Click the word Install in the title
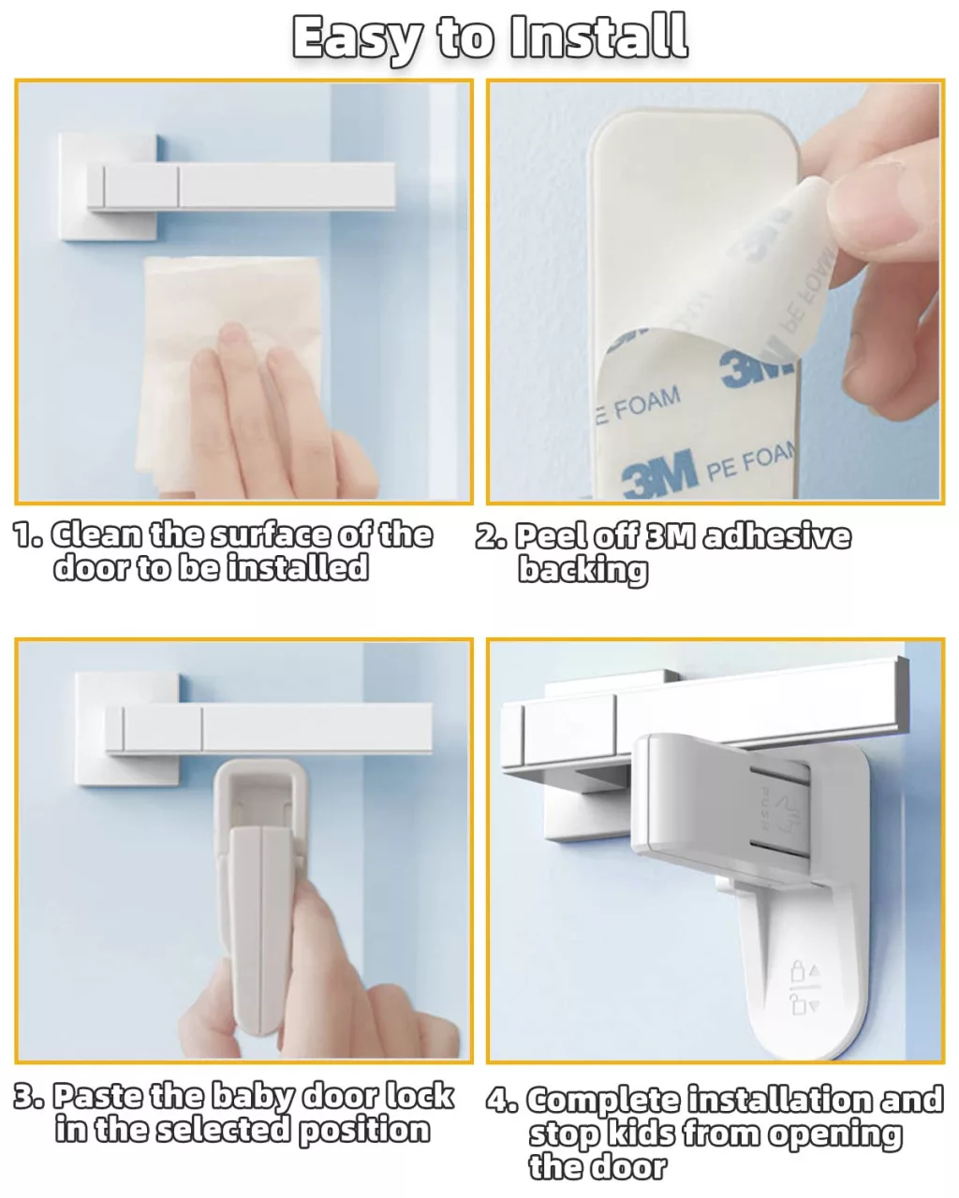click(598, 37)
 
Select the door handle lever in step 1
click(241, 186)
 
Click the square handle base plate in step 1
click(108, 187)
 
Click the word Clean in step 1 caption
click(96, 535)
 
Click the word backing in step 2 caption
click(583, 570)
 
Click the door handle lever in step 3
click(269, 727)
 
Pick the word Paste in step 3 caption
click(96, 1096)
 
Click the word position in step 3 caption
click(364, 1131)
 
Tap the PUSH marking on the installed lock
click(765, 809)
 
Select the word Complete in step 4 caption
click(604, 1101)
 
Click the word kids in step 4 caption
click(641, 1134)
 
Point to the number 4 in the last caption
click(497, 1101)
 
